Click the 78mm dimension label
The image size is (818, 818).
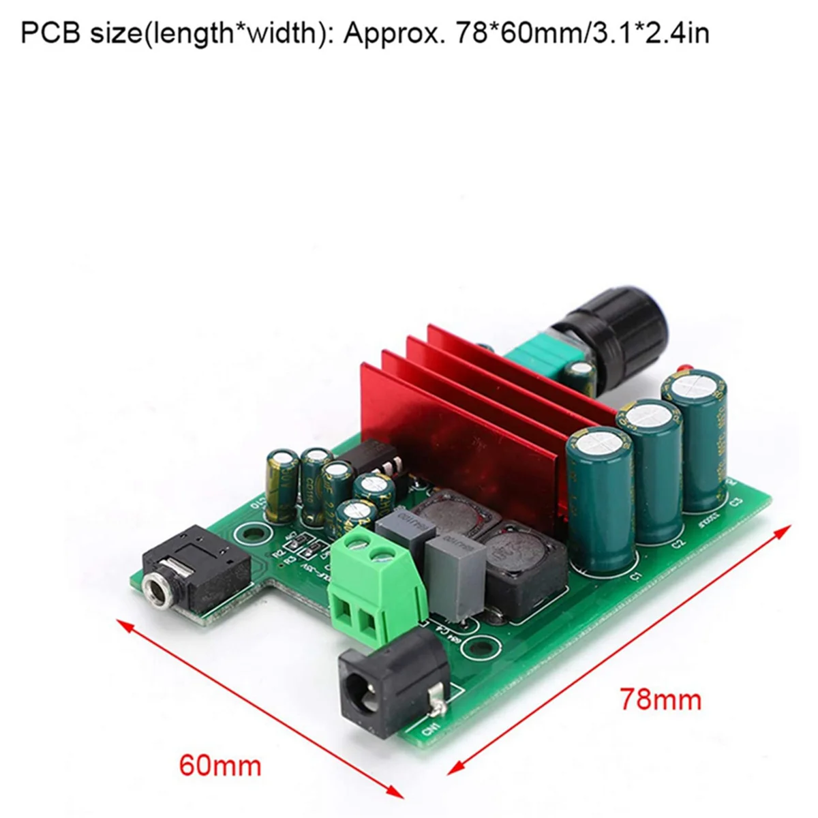coord(660,699)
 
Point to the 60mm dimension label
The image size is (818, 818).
coord(220,766)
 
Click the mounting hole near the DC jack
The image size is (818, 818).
coord(483,643)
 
